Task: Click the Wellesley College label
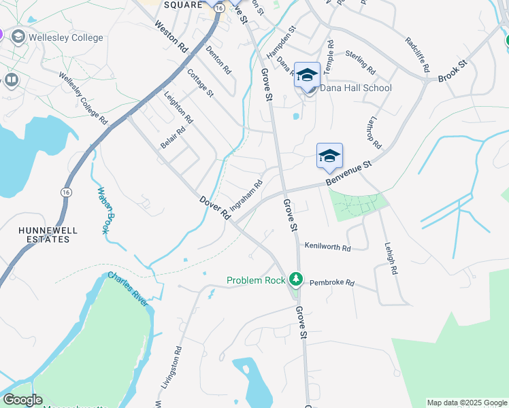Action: pyautogui.click(x=66, y=37)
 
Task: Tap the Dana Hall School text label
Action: pyautogui.click(x=355, y=88)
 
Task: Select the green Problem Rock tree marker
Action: pyautogui.click(x=295, y=279)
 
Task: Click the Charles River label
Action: pyautogui.click(x=127, y=290)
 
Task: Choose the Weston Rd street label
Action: pyautogui.click(x=171, y=37)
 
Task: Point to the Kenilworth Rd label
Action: pyautogui.click(x=327, y=248)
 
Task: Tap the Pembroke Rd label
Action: pyautogui.click(x=332, y=282)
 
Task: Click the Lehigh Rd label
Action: pyautogui.click(x=390, y=259)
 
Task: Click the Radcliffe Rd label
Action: pyautogui.click(x=417, y=55)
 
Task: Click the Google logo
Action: pyautogui.click(x=22, y=400)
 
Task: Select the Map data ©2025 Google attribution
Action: pyautogui.click(x=467, y=403)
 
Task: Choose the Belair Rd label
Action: pyautogui.click(x=173, y=139)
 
